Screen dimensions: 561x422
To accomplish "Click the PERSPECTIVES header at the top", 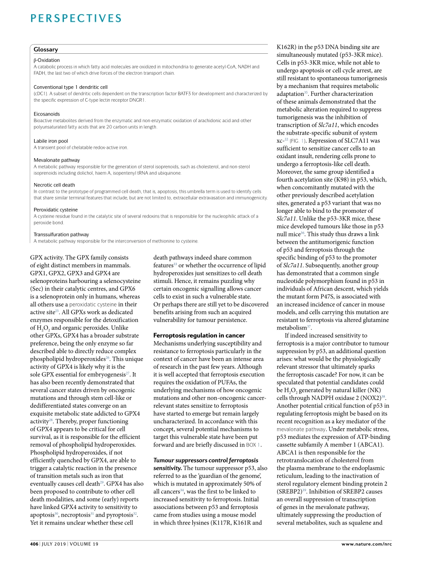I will [x=76, y=18].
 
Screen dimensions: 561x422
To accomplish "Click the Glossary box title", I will [x=46, y=49].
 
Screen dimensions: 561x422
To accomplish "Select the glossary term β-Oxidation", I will [x=47, y=60].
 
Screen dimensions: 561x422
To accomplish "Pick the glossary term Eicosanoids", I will [x=47, y=114].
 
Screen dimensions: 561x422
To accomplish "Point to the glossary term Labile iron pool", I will [x=51, y=141].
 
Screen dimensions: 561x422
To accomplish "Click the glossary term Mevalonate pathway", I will [x=57, y=160].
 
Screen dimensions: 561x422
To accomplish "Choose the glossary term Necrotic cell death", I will [x=54, y=185].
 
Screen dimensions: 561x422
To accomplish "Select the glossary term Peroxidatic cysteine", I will [x=56, y=210].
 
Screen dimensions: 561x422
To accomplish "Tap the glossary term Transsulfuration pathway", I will [x=61, y=234].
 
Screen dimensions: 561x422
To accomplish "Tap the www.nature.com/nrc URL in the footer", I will [x=366, y=544].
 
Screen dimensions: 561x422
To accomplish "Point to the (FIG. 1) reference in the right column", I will [x=298, y=141].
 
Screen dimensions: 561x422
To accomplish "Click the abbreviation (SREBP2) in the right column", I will [x=291, y=492].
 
